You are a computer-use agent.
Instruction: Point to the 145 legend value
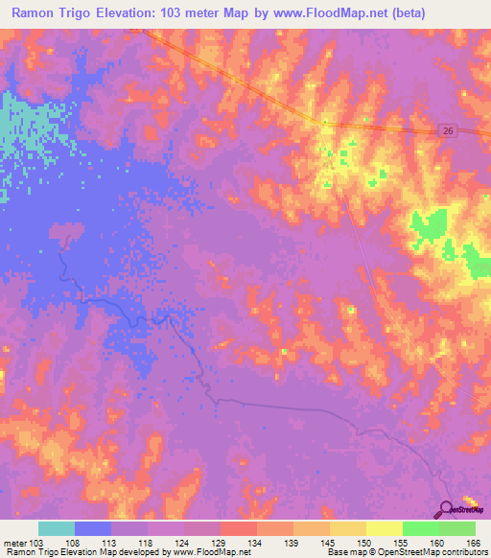(x=331, y=542)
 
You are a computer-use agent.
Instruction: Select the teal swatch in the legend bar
(x=57, y=528)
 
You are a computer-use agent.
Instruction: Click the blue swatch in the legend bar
(x=93, y=528)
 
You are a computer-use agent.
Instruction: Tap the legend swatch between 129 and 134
(x=239, y=528)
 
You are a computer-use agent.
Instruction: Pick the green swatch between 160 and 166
(x=457, y=528)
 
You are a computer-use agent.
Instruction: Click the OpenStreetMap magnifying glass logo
(x=448, y=509)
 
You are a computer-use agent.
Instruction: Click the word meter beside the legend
(x=13, y=542)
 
